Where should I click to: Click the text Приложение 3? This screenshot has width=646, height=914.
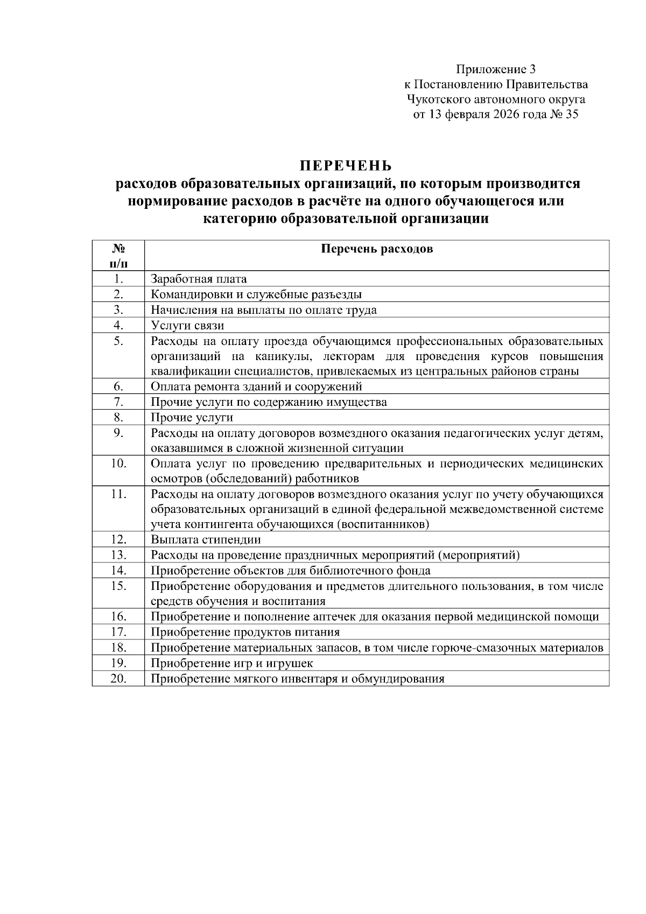496,69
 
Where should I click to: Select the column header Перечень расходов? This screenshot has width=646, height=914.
377,249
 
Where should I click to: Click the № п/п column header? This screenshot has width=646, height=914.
118,256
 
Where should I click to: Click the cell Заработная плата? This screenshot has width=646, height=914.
199,279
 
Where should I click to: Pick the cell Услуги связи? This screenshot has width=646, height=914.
187,325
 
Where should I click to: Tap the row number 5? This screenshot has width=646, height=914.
118,341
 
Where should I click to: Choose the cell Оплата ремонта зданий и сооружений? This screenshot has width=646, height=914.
256,386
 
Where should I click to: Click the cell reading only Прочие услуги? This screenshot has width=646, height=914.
192,417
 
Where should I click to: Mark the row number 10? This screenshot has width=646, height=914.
118,463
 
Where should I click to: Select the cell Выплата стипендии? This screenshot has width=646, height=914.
206,540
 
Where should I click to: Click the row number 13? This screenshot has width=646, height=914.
118,555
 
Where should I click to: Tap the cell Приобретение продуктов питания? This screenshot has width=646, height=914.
245,632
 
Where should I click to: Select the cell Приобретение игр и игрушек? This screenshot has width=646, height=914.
231,663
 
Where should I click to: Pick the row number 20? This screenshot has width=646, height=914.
118,678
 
